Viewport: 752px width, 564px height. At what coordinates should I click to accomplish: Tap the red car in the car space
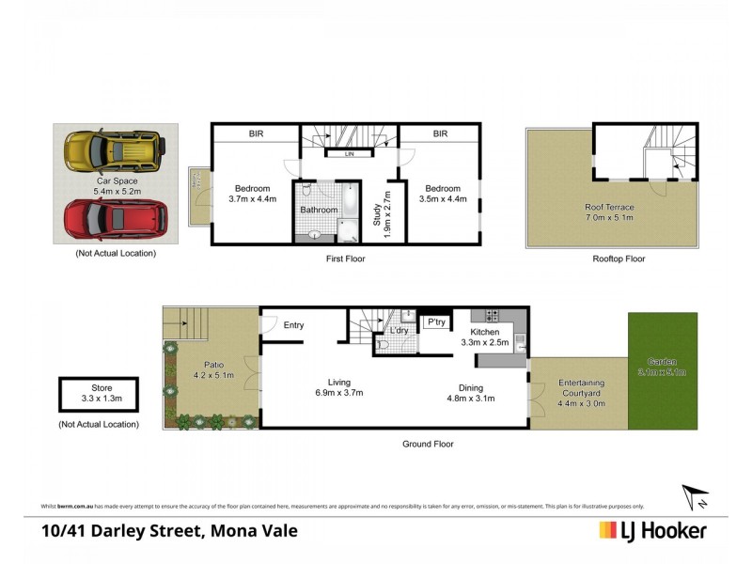(x=116, y=218)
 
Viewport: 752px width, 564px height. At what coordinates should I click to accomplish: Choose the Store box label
(x=102, y=388)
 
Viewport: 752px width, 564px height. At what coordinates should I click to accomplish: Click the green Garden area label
(x=663, y=361)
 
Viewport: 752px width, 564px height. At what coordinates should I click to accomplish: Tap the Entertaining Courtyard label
(x=581, y=384)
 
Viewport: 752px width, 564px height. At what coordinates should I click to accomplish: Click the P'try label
(x=435, y=322)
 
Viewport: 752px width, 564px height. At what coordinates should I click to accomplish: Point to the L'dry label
(x=399, y=332)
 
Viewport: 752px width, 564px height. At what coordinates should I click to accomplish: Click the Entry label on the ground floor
(x=293, y=325)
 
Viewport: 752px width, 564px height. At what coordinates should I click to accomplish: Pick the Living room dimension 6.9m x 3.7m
(x=338, y=392)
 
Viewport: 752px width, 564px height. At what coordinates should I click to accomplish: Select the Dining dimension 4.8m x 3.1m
(x=470, y=398)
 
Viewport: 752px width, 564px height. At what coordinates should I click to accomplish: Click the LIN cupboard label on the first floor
(x=348, y=153)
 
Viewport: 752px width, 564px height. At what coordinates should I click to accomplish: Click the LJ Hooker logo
(x=652, y=530)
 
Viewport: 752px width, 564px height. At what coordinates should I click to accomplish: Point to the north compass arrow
(x=693, y=494)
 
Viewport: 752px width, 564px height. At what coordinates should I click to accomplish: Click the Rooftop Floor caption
(x=619, y=258)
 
